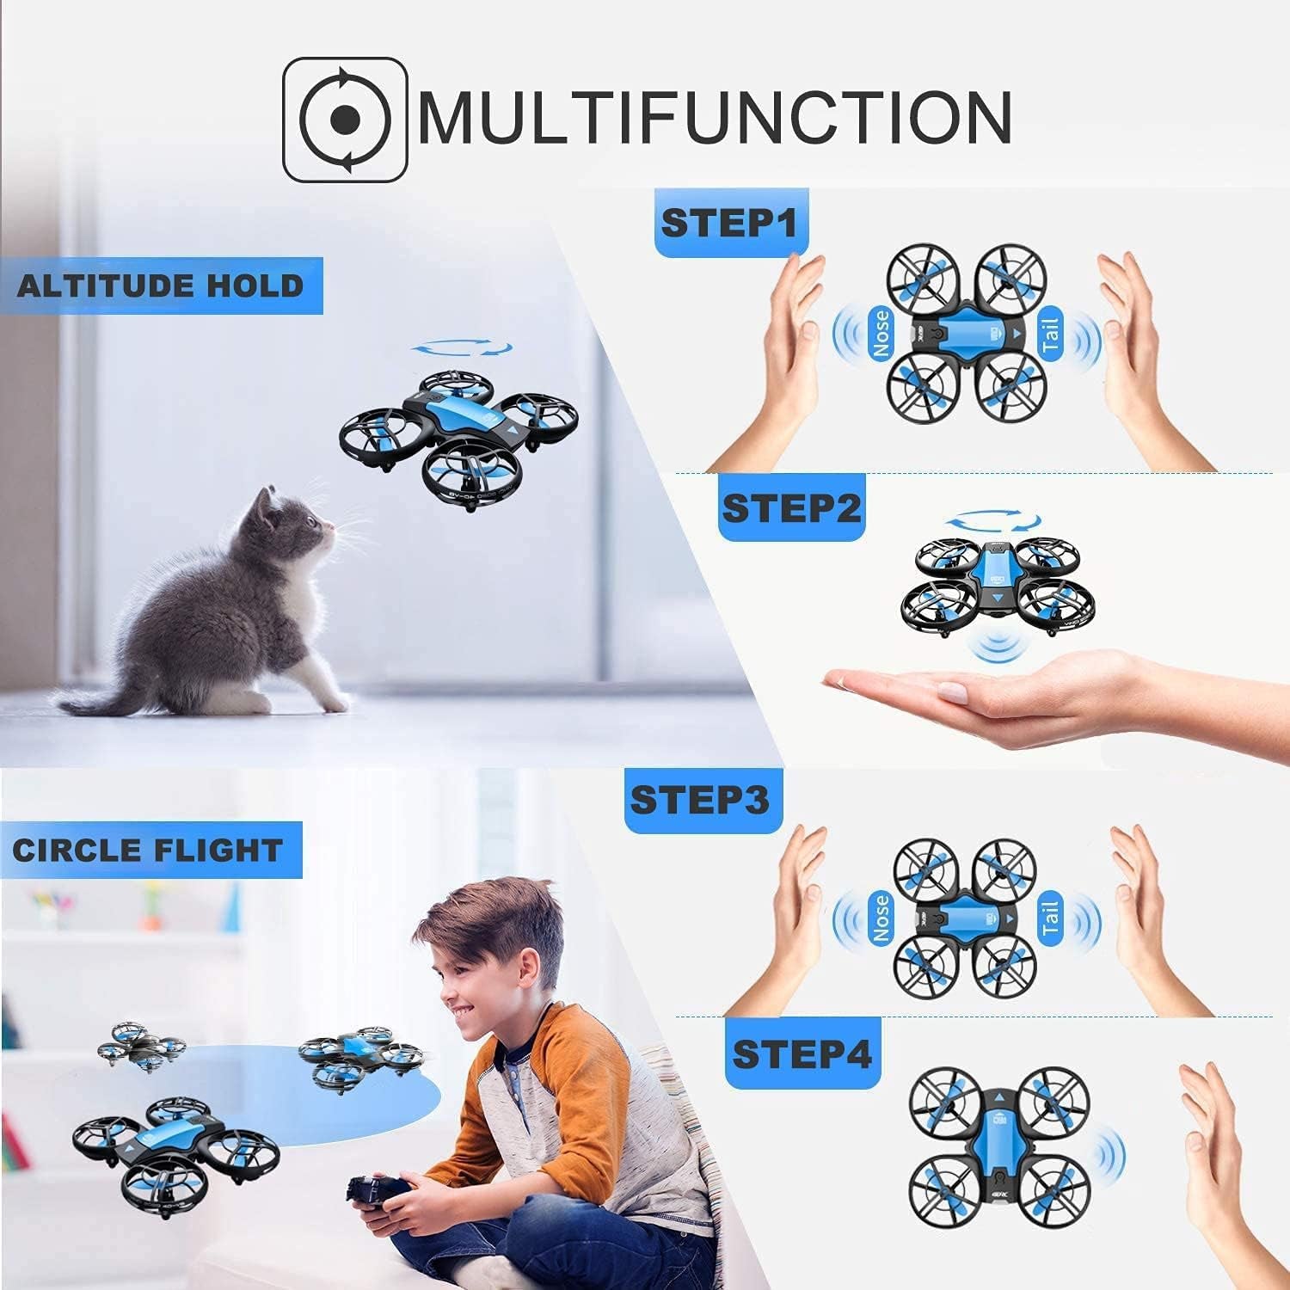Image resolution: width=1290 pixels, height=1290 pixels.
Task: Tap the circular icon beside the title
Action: (x=345, y=119)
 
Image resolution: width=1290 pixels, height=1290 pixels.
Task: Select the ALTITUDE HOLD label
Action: (x=161, y=286)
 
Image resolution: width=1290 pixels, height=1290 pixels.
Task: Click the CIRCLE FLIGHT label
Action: (x=148, y=850)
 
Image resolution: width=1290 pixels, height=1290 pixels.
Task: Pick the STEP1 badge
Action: (x=728, y=224)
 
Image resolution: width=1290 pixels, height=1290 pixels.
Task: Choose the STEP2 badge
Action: (x=790, y=508)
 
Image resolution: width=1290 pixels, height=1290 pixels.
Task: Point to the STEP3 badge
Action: (x=698, y=801)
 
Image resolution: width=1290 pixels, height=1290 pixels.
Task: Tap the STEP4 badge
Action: (x=802, y=1054)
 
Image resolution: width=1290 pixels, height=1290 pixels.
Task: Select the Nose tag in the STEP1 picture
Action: (x=881, y=334)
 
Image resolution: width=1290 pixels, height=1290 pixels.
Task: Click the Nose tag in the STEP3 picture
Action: (x=881, y=918)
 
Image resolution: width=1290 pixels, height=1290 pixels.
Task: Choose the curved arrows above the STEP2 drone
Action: (x=993, y=520)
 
